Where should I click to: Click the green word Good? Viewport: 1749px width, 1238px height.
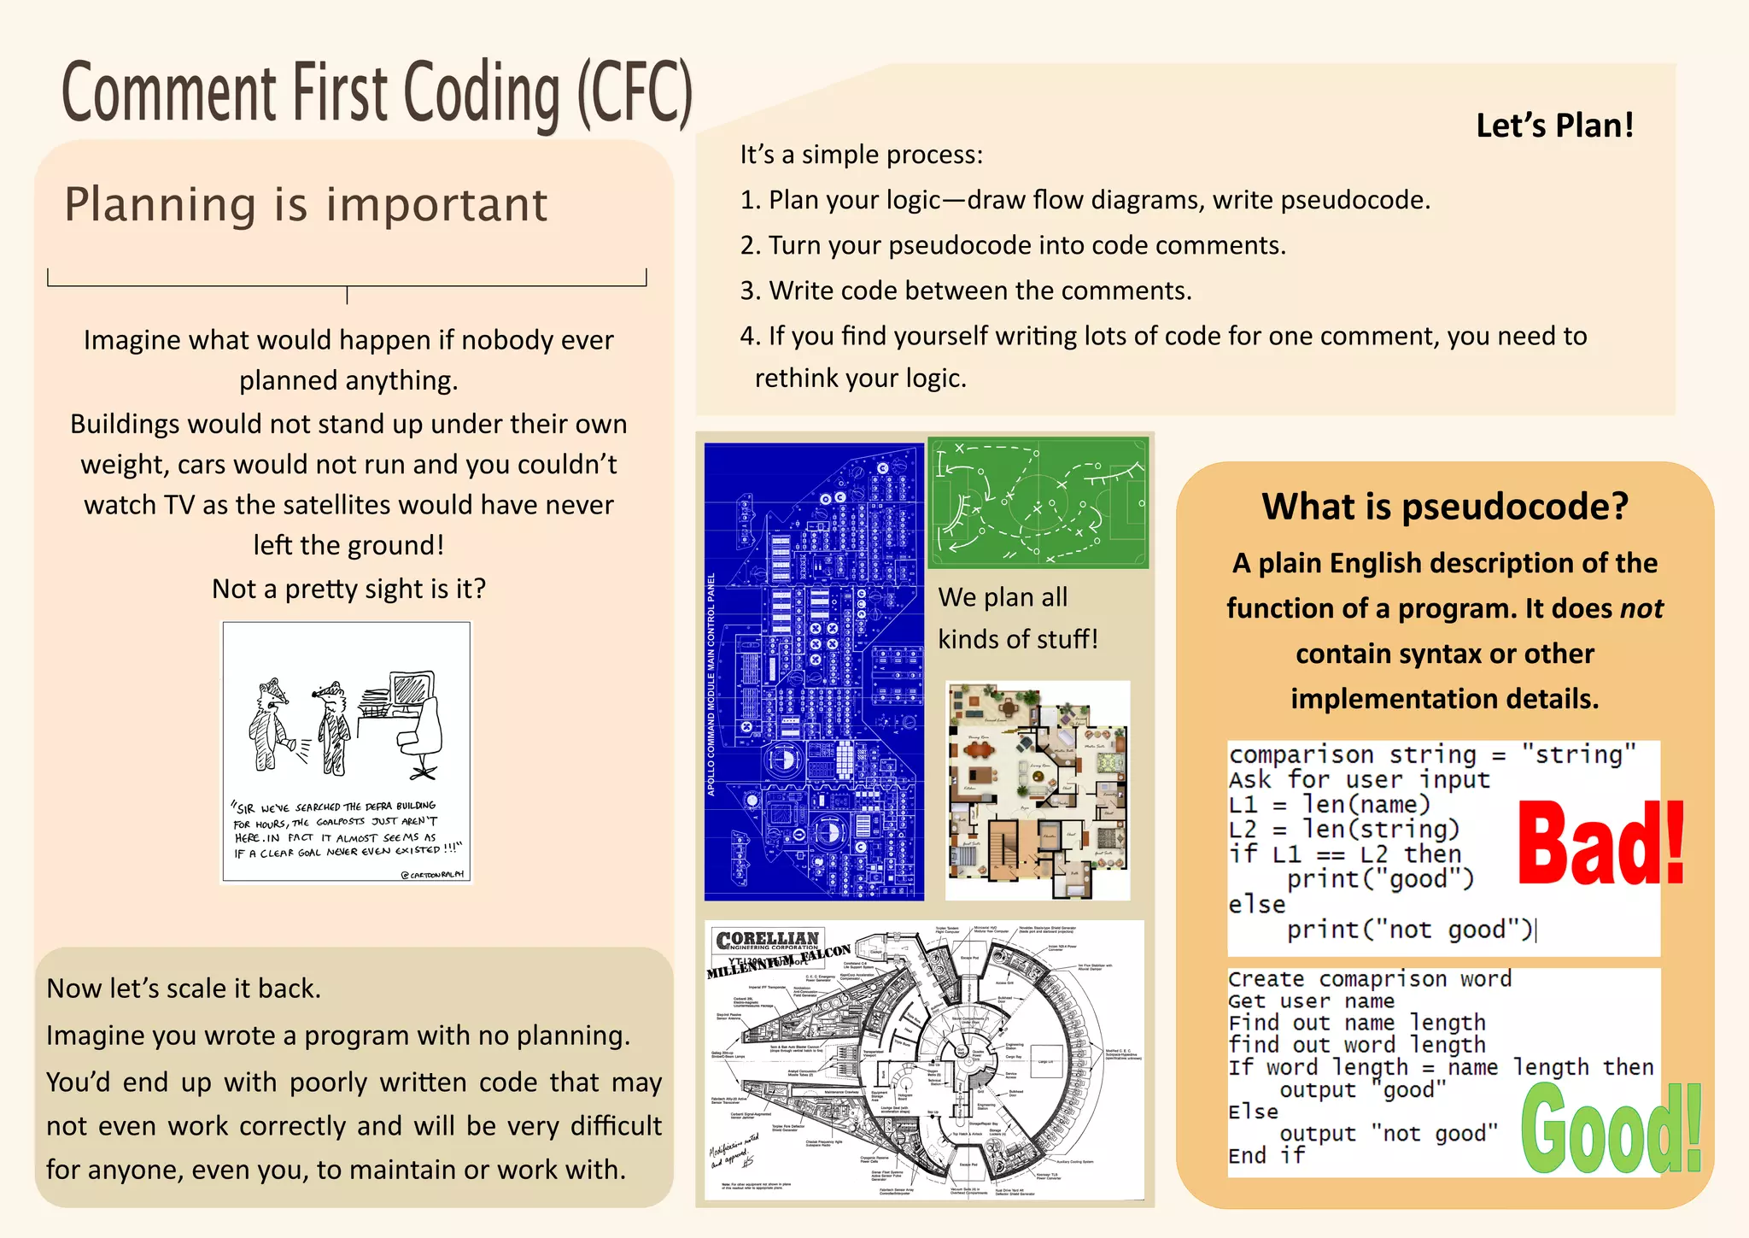click(1611, 1129)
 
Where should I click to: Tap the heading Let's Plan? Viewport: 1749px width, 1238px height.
click(1554, 126)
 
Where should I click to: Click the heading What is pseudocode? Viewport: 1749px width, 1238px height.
click(1445, 507)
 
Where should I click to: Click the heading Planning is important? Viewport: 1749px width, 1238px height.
click(306, 205)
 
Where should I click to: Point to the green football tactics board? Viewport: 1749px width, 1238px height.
click(1038, 503)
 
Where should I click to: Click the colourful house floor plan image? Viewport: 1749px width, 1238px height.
click(1038, 790)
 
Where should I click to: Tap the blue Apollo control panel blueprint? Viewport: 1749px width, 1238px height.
click(814, 672)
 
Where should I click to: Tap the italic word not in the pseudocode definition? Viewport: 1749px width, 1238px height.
click(1641, 608)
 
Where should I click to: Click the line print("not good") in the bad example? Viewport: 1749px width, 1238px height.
click(1409, 930)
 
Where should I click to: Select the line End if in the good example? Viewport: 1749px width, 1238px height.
click(1266, 1155)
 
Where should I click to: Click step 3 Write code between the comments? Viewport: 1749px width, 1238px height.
click(965, 290)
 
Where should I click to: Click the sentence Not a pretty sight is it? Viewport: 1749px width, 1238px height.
click(348, 589)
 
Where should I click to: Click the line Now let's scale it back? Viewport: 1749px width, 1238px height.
click(184, 989)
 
